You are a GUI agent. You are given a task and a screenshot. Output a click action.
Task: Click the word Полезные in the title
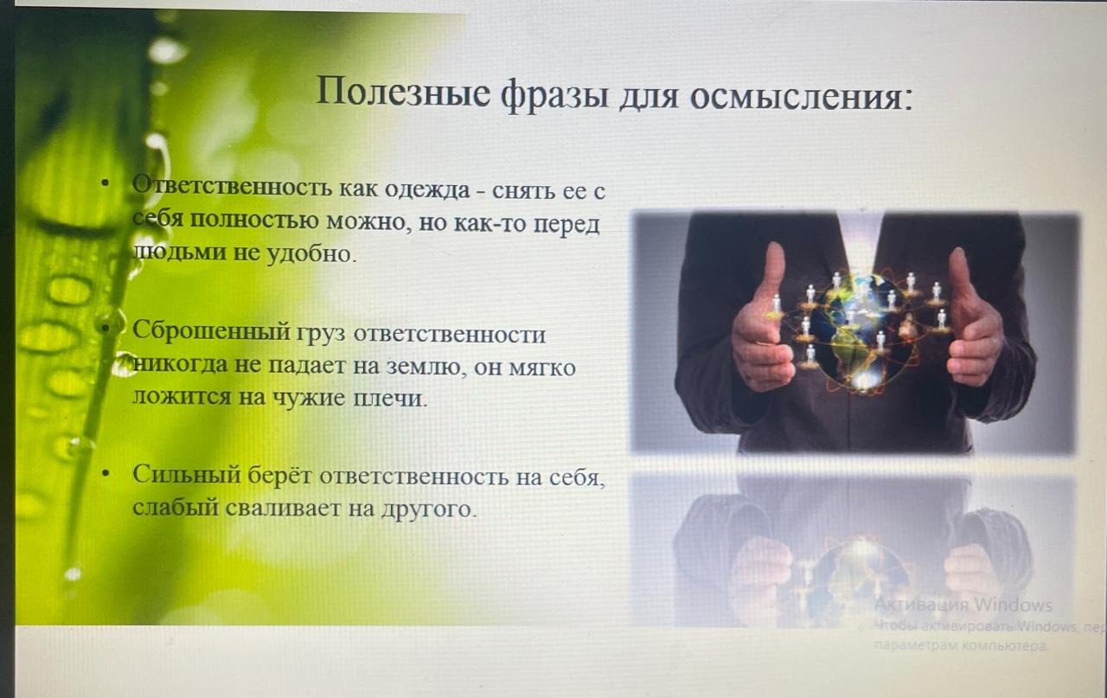(x=403, y=93)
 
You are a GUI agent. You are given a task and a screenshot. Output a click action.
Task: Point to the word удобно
(x=311, y=253)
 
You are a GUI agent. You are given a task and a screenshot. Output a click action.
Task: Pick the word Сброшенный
(x=210, y=331)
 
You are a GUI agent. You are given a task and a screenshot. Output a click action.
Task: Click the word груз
(x=321, y=335)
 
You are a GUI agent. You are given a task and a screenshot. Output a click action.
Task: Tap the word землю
(x=426, y=368)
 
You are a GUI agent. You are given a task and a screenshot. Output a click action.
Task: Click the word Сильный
(x=187, y=475)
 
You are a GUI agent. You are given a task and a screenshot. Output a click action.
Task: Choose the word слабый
(x=176, y=508)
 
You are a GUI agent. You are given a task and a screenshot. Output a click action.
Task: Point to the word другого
(x=429, y=509)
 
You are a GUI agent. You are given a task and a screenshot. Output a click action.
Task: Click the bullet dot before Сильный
(x=106, y=474)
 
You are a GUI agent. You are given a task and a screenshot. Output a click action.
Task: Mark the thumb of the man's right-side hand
(x=960, y=277)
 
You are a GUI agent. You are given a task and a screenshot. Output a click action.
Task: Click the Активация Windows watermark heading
(x=963, y=605)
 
